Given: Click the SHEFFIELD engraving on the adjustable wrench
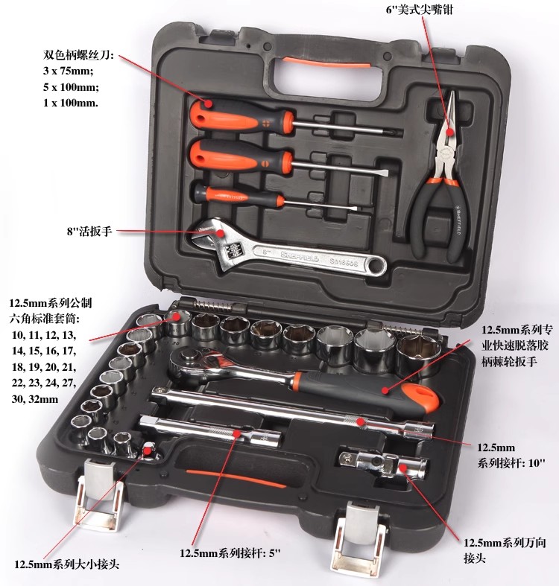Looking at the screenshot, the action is [x=300, y=256].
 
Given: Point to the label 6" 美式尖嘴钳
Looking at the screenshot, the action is [x=419, y=10].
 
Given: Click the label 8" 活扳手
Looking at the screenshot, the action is [x=89, y=232].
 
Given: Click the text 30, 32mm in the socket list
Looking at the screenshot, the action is [x=35, y=399].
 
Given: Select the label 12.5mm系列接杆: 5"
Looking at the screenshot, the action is [x=230, y=552].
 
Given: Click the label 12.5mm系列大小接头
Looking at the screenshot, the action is [x=66, y=564].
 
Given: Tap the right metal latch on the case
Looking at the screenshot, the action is [x=359, y=538].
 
